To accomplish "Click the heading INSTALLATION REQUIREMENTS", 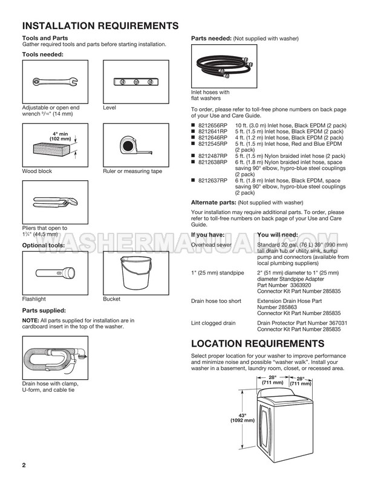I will click(100, 26).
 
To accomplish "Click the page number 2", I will click(24, 466).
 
